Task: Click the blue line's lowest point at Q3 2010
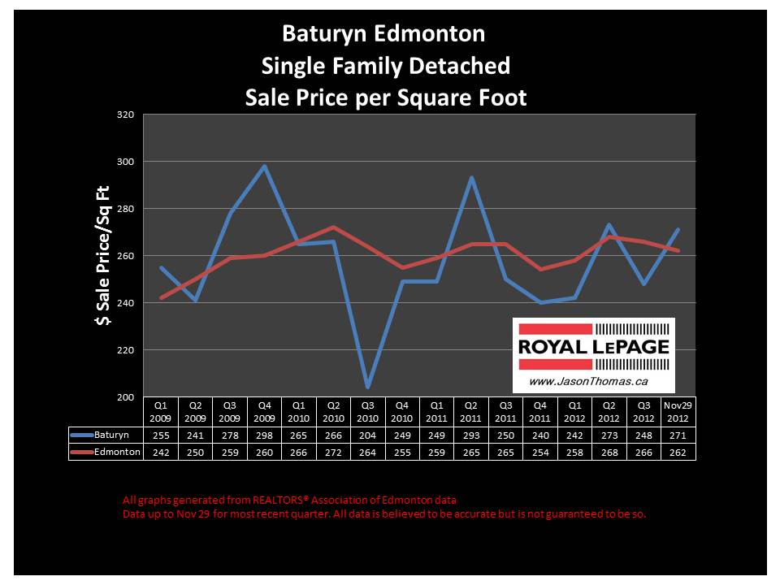367,387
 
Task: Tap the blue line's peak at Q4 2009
263,167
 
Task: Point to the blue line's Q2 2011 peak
471,178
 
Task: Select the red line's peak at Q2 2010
332,227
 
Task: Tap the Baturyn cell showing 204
367,436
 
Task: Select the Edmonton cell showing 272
332,452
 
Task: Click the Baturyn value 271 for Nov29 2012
678,436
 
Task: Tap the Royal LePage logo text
593,346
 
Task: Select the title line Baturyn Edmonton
383,34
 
